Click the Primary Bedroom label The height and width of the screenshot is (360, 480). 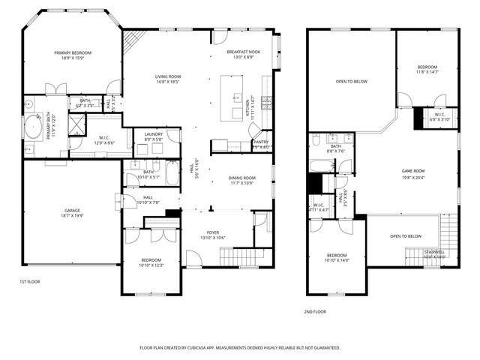point(73,52)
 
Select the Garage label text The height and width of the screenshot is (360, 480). point(72,210)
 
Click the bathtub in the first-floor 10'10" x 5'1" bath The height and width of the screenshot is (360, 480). point(172,174)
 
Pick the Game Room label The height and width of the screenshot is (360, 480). point(413,171)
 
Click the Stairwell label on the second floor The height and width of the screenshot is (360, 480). point(434,251)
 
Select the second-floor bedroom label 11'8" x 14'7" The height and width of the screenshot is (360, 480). point(427,67)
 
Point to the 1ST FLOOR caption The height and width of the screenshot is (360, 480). point(29,281)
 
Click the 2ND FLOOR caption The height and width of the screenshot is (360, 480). point(314,310)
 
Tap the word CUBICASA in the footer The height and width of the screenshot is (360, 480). point(215,348)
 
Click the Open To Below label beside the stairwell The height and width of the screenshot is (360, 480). point(405,236)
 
